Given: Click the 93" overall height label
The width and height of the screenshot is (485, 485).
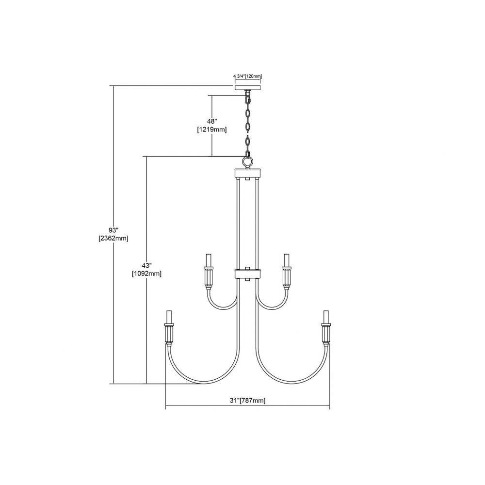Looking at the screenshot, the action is click(113, 230).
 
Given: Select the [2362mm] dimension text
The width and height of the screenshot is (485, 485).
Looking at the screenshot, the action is click(113, 239).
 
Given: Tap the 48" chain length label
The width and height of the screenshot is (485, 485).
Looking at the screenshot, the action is click(212, 121).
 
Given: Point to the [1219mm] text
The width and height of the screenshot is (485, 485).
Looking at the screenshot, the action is click(212, 129).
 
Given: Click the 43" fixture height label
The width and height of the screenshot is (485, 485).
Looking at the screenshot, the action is click(146, 265).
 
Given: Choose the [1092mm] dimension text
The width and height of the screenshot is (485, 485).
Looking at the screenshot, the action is click(146, 274).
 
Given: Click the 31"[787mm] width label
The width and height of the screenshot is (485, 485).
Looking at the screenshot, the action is click(247, 400).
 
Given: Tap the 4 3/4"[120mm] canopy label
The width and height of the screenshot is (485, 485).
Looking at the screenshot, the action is click(247, 76).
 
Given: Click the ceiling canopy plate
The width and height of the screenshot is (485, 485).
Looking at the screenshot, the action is click(247, 87).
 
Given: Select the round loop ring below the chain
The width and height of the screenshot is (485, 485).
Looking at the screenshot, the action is click(247, 162).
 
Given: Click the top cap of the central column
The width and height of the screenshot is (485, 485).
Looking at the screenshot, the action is click(247, 173).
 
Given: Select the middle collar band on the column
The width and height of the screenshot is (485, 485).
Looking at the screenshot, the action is click(247, 274).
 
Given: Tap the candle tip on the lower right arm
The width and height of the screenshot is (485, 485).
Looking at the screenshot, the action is click(326, 316).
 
